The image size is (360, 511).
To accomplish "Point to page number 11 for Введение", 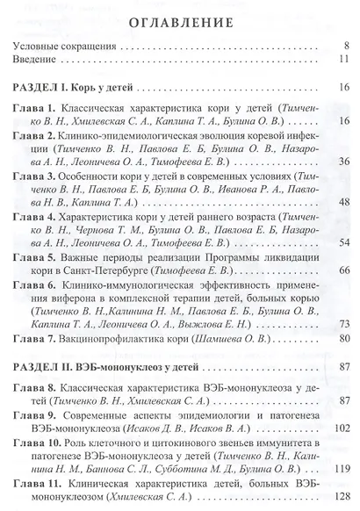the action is (x=345, y=60).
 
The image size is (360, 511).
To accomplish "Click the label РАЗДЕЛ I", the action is (x=42, y=88).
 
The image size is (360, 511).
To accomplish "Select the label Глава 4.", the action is (x=34, y=216).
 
